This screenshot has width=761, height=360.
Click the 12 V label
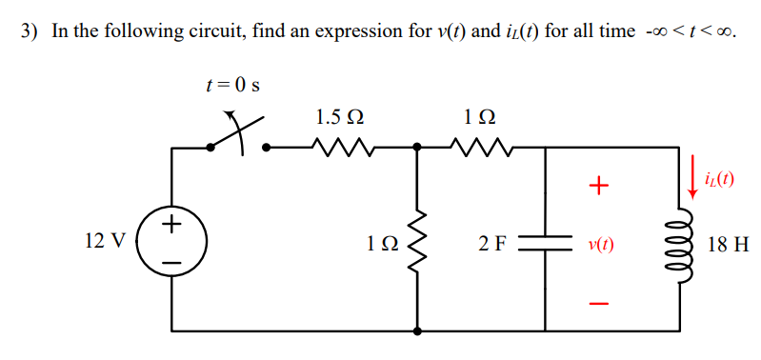[x=104, y=241]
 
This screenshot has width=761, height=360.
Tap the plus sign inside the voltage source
[x=172, y=226]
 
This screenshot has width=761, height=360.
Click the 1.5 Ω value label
[x=338, y=118]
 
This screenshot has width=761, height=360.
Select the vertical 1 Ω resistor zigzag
[x=417, y=241]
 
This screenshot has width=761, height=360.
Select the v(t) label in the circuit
[x=600, y=242]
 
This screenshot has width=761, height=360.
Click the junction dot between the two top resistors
[x=417, y=148]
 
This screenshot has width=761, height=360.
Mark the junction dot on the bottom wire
[x=417, y=332]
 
